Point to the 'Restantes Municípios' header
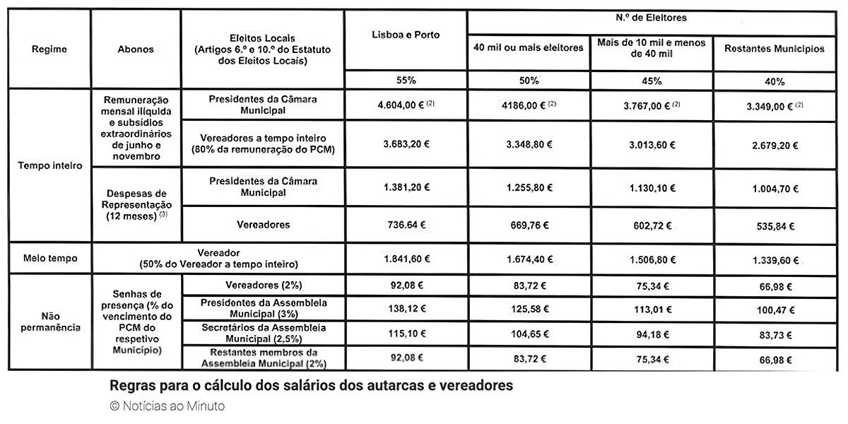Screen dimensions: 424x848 pyautogui.click(x=775, y=49)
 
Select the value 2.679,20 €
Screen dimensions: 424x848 pyautogui.click(x=775, y=145)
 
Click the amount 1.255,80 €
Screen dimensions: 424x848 pyautogui.click(x=529, y=189)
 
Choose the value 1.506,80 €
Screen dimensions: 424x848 pyautogui.click(x=651, y=259)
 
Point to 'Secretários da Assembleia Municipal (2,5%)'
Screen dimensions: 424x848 pyautogui.click(x=263, y=333)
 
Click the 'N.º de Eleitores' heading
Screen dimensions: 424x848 pyautogui.click(x=652, y=17)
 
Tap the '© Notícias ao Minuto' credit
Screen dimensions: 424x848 pyautogui.click(x=167, y=406)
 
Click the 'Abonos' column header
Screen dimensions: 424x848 pyautogui.click(x=135, y=49)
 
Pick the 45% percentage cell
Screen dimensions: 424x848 pyautogui.click(x=651, y=80)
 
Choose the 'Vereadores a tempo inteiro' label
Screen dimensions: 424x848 pyautogui.click(x=263, y=144)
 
